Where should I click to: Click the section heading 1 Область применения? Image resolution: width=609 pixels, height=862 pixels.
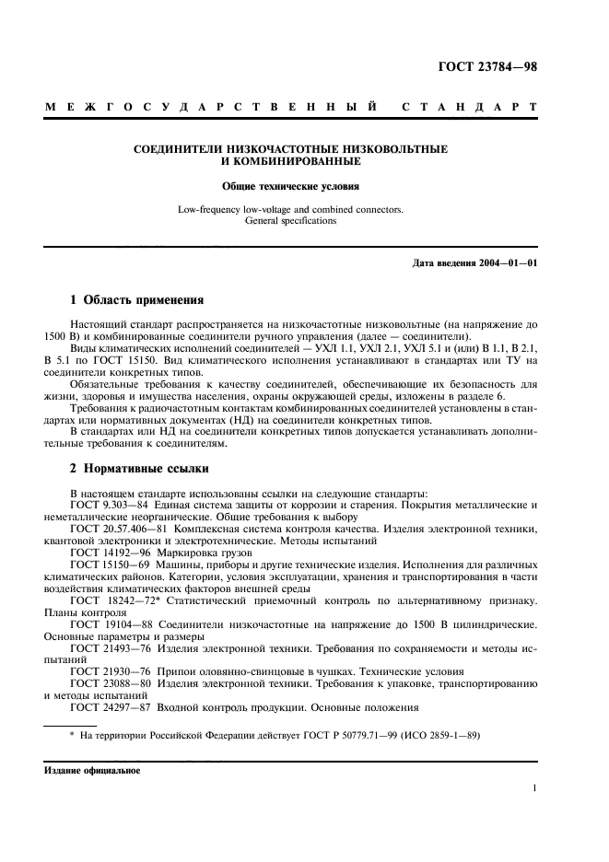tap(131, 299)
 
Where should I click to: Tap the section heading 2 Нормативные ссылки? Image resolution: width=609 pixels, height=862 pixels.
tap(135, 468)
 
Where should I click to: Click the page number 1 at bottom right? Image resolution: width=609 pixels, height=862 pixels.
tap(534, 788)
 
